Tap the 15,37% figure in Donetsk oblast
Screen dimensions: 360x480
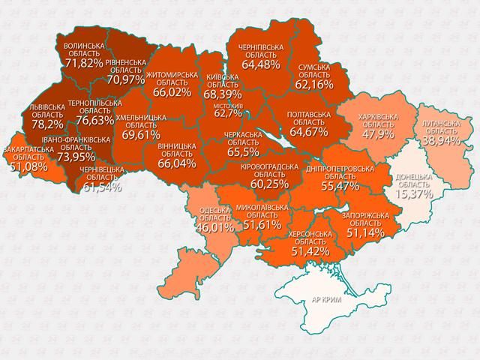click(x=411, y=193)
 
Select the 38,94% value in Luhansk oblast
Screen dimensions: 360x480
click(x=440, y=140)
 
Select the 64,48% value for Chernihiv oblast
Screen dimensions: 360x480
click(x=259, y=64)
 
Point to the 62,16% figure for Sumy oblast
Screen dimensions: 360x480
click(x=313, y=85)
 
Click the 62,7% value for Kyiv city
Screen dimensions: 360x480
click(x=229, y=114)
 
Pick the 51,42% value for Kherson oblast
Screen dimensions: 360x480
click(x=309, y=251)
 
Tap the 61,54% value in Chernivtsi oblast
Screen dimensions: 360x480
click(x=102, y=185)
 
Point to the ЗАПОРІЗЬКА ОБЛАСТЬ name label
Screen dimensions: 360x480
click(x=364, y=219)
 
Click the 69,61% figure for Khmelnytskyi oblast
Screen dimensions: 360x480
click(x=141, y=135)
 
